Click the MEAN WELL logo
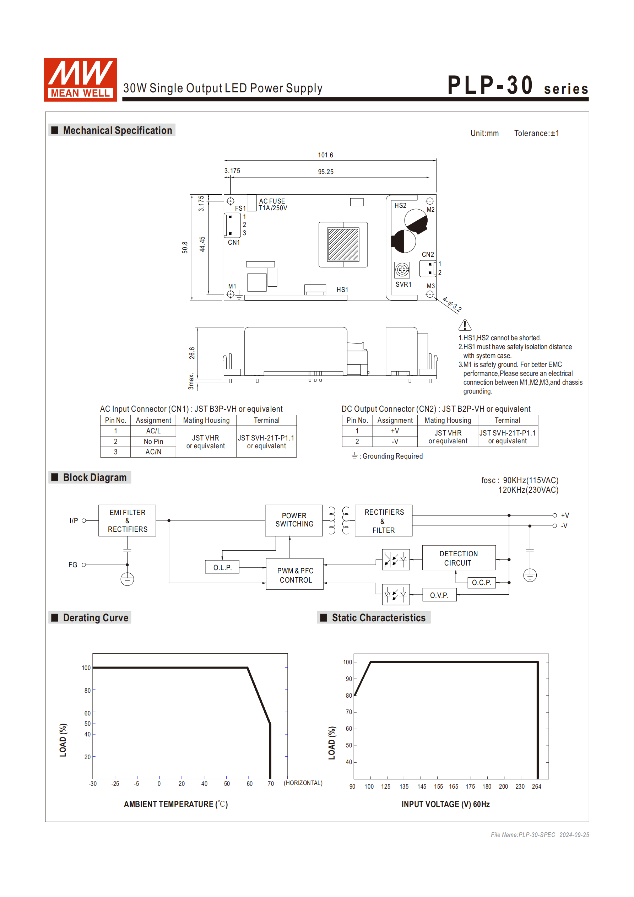(x=80, y=80)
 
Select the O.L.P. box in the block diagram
(x=222, y=567)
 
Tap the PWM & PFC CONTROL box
(x=295, y=575)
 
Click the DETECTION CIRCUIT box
(x=458, y=558)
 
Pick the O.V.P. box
(x=439, y=595)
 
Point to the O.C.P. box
(x=481, y=583)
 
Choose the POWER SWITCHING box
(x=294, y=520)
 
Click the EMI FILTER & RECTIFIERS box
(x=128, y=520)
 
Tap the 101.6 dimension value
(x=325, y=155)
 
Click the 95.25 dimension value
(x=325, y=172)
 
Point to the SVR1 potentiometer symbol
(x=402, y=270)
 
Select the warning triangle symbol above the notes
(x=465, y=325)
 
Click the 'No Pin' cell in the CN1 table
(x=153, y=442)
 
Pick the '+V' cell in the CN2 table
(x=395, y=431)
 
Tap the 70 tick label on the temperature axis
(x=271, y=784)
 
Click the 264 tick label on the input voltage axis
(x=536, y=787)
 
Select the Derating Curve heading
(x=95, y=618)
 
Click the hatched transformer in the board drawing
(x=343, y=244)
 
